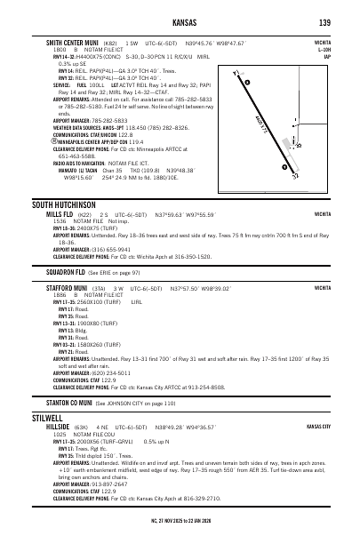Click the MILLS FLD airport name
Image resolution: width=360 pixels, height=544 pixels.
(x=61, y=214)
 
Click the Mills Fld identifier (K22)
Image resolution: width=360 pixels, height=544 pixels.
(x=85, y=214)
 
